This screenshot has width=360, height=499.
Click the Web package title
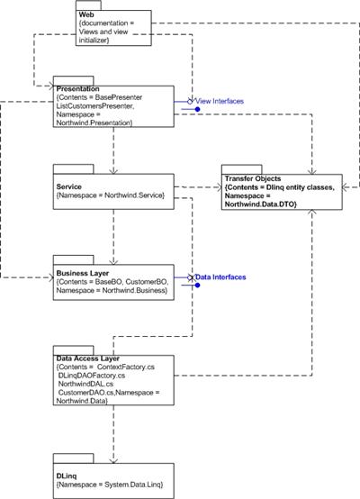coord(86,14)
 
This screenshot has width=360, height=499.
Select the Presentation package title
coord(77,89)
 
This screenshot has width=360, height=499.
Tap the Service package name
coord(68,186)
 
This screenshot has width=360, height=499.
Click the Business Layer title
coord(83,273)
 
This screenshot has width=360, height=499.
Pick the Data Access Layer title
coord(88,358)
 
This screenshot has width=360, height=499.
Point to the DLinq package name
coord(67,476)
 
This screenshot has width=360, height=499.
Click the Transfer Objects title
coord(253,178)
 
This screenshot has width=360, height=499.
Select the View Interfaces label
coord(220,101)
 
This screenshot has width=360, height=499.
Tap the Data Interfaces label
coord(220,277)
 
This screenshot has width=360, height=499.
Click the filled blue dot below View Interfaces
coord(197,110)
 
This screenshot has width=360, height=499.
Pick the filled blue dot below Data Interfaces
coord(197,286)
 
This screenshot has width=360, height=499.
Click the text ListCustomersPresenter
coord(95,106)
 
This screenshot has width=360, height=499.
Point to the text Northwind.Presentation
coord(94,122)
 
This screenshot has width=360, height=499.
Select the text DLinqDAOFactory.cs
coord(92,376)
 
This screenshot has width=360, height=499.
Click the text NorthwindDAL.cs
coord(85,384)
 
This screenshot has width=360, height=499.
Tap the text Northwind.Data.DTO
coord(259,204)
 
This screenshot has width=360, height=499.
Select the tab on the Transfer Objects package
coord(242,169)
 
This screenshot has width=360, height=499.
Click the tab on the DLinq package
coord(74,458)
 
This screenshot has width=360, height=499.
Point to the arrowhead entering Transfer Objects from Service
coord(219,187)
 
